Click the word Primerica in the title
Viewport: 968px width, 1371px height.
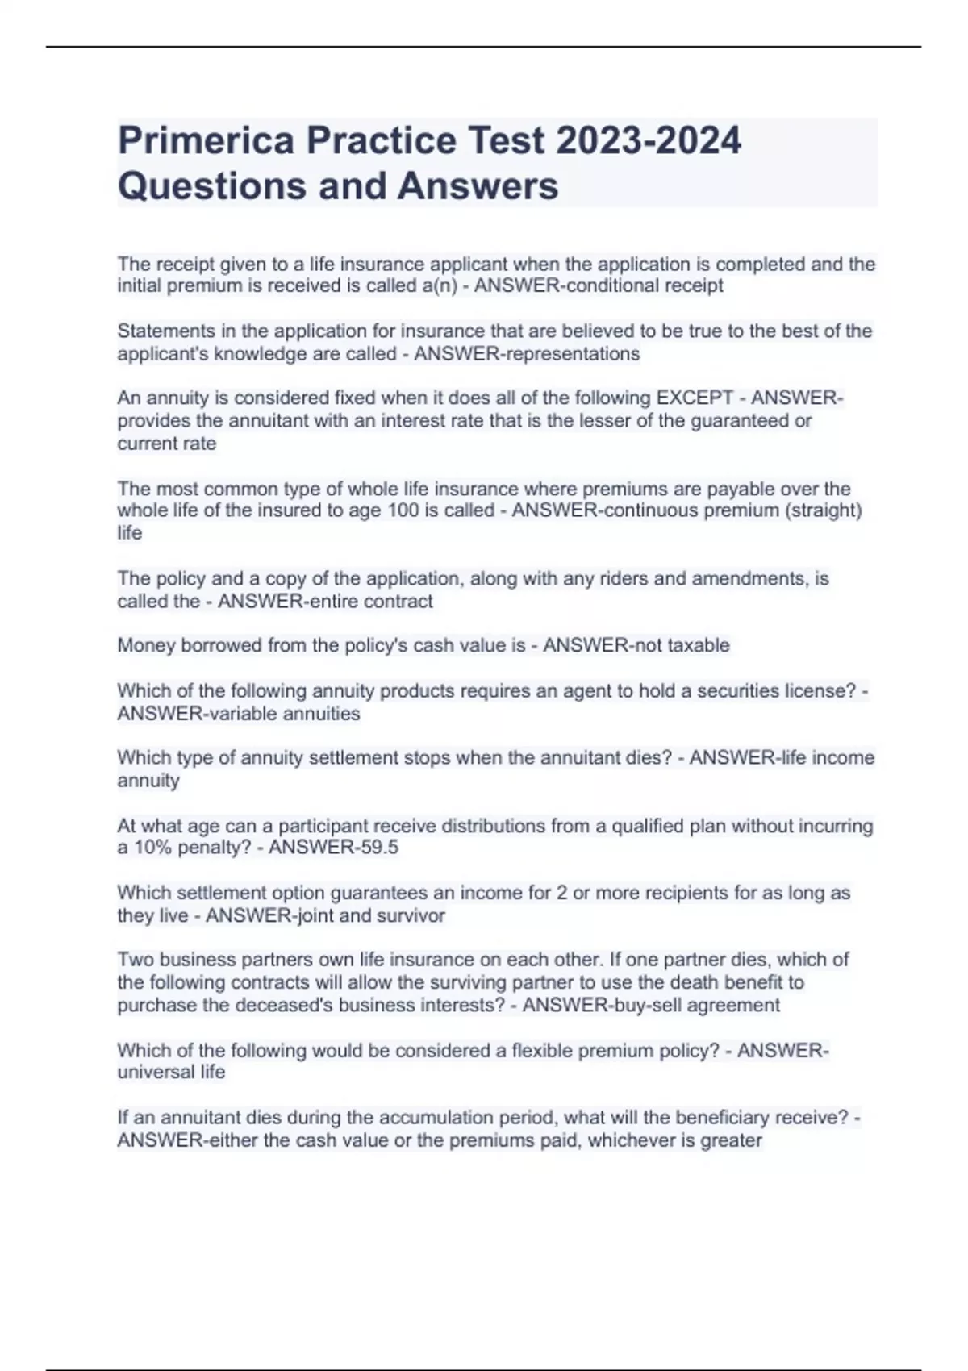207,140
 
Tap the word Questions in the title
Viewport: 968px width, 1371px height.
211,185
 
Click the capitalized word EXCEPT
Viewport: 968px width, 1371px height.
695,398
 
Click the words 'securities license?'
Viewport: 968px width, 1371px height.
776,691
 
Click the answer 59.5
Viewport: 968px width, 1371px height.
378,848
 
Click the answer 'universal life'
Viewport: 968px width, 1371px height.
171,1073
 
